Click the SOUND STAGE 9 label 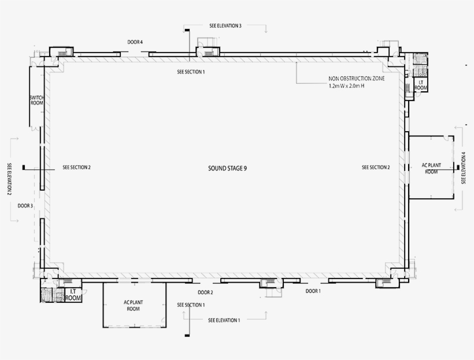click(x=227, y=168)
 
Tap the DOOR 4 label click(x=135, y=42)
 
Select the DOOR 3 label click(x=25, y=206)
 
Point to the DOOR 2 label click(x=205, y=292)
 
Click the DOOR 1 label click(x=313, y=291)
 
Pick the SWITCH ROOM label click(x=36, y=100)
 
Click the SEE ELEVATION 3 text click(x=225, y=25)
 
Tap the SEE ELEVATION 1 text click(x=224, y=320)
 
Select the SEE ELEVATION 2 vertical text click(x=9, y=179)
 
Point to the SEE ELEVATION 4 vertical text click(x=464, y=168)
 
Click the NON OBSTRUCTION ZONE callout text click(x=357, y=78)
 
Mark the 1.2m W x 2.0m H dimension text click(x=346, y=86)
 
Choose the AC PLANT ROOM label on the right click(x=431, y=168)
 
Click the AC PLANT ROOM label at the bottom click(x=134, y=305)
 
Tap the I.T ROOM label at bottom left click(x=73, y=295)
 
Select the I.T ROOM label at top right click(x=421, y=85)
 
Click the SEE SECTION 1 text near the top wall click(x=191, y=72)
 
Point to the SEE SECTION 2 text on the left click(x=76, y=167)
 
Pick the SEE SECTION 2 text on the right click(x=376, y=167)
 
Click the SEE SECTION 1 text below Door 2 click(x=191, y=305)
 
